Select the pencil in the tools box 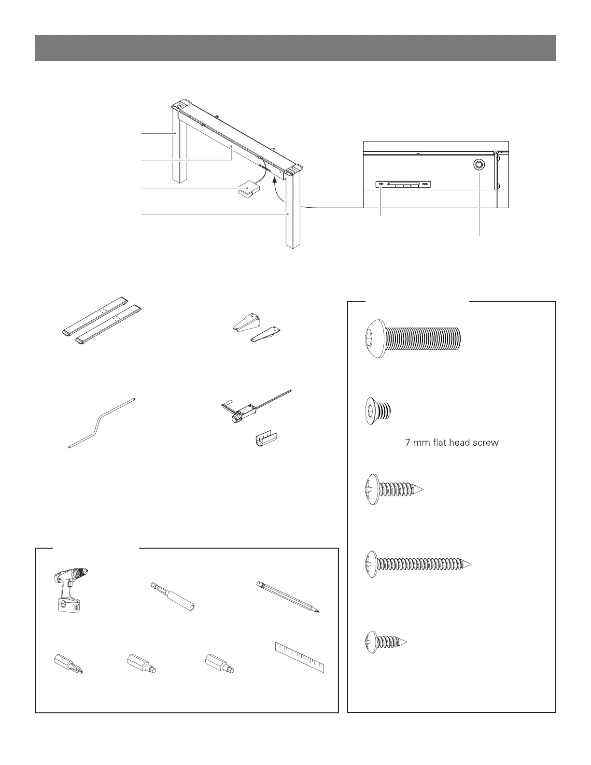pos(288,597)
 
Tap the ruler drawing pos(299,657)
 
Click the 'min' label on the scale pos(381,184)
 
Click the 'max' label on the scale pos(425,184)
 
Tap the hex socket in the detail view pos(479,165)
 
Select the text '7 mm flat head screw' pos(451,442)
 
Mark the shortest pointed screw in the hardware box pos(385,642)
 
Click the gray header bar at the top pos(295,48)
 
